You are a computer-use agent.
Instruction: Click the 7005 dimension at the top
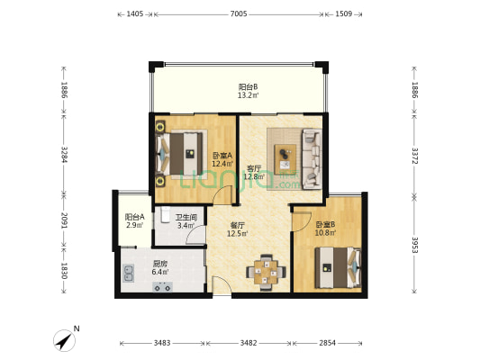pos(239,13)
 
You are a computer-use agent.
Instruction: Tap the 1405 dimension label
pos(135,13)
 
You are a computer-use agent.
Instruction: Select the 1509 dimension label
pos(343,13)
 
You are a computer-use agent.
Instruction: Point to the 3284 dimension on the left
pos(64,155)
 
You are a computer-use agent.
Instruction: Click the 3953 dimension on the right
pos(414,245)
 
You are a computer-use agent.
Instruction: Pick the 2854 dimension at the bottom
pos(327,343)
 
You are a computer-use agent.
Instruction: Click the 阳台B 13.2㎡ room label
pos(248,91)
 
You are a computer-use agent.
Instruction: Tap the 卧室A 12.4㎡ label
pos(222,159)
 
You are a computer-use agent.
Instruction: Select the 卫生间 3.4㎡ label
pos(186,221)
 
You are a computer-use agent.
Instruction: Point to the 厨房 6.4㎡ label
pos(160,267)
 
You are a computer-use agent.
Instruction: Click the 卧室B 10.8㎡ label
pos(325,229)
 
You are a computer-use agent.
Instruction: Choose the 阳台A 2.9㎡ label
pos(135,221)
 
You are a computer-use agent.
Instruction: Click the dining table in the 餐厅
pos(266,272)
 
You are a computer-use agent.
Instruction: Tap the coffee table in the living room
pos(285,159)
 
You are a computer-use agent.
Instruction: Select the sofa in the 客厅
pos(312,159)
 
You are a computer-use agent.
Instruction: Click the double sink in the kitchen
pos(128,273)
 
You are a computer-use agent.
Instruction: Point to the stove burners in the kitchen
pos(162,287)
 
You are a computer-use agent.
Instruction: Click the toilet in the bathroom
pos(166,214)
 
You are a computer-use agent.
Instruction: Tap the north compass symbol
pos(65,340)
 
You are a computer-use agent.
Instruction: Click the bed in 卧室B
pos(338,267)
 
